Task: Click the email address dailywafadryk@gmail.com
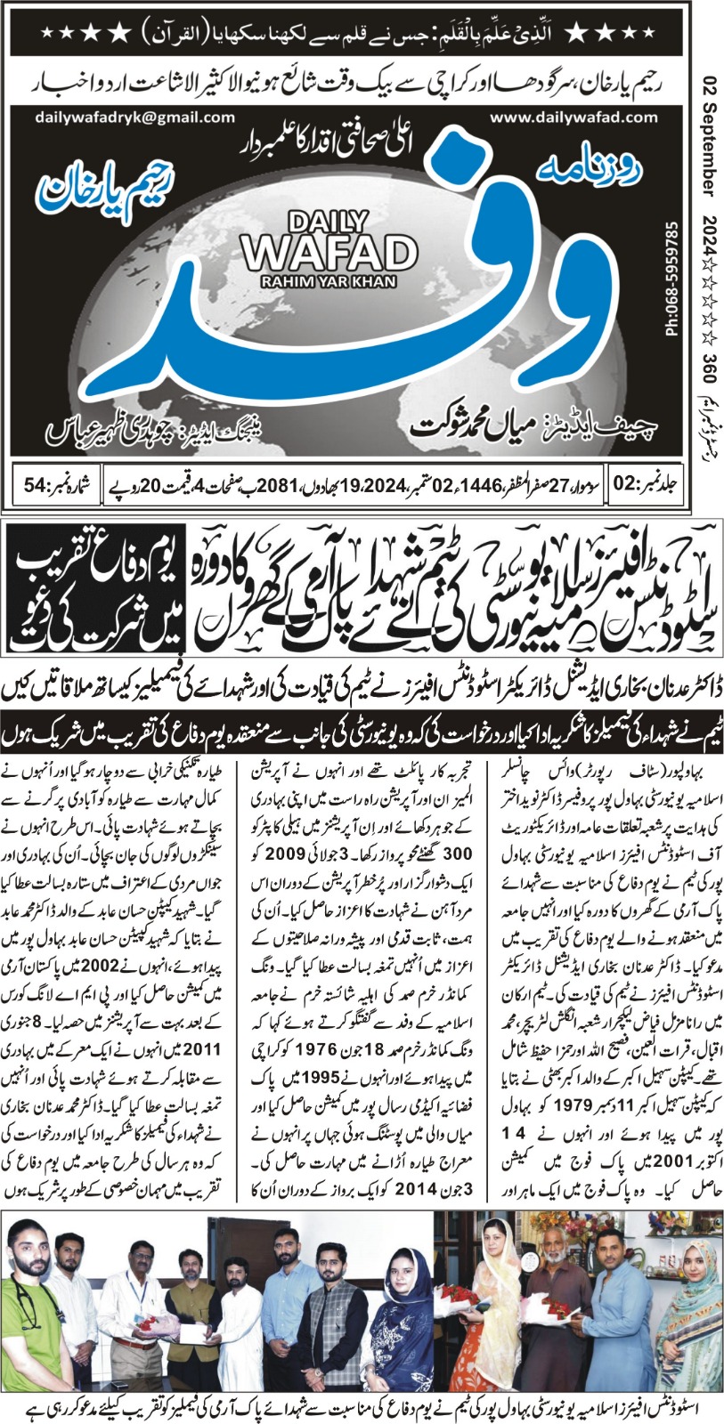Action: pos(135,117)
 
